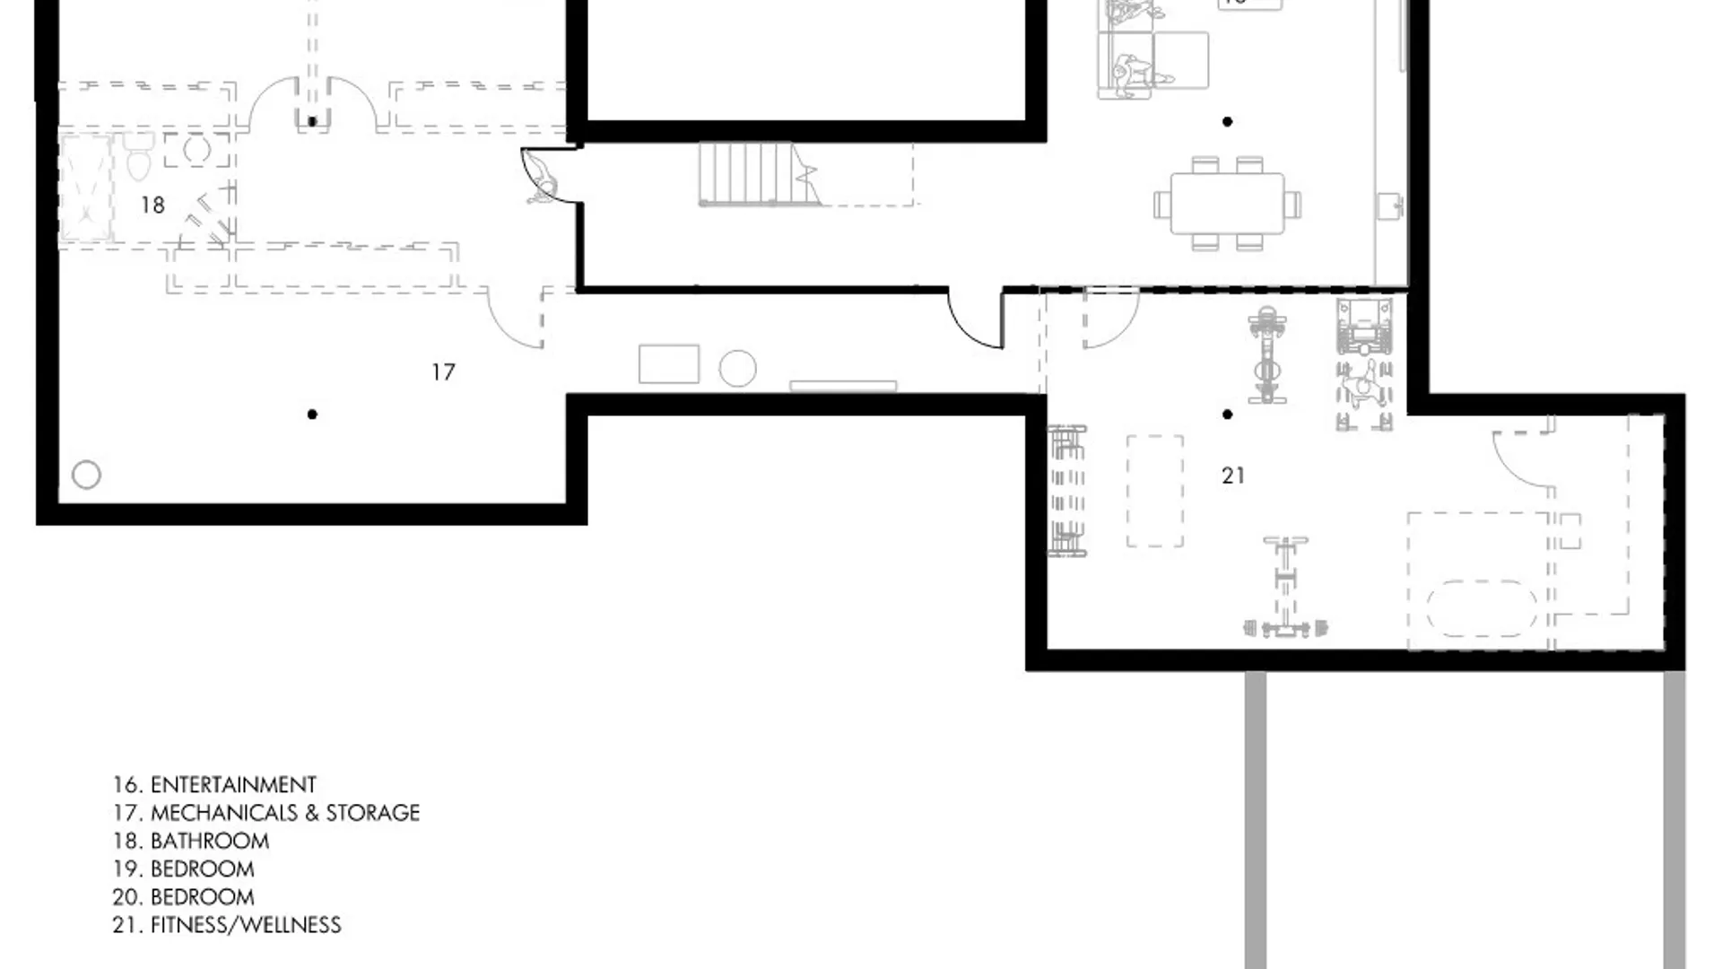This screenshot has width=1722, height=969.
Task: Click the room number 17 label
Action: (443, 372)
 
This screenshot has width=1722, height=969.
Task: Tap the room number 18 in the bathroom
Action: (152, 205)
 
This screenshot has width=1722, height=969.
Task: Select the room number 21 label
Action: (1233, 476)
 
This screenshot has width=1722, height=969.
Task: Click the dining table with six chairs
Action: (1227, 204)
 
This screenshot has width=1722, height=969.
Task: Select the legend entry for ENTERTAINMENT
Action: (214, 785)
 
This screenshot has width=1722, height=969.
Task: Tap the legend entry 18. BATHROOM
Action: (190, 841)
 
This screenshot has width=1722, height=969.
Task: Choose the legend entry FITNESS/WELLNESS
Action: (227, 925)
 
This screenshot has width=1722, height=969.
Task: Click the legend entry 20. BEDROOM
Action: (183, 897)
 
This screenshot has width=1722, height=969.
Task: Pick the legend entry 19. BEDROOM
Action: (183, 869)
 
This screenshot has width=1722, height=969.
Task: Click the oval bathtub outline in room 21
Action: (1481, 608)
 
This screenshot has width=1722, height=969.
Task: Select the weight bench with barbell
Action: (1285, 588)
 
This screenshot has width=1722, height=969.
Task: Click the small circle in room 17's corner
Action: (86, 475)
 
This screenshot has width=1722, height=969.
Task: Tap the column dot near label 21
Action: (1227, 415)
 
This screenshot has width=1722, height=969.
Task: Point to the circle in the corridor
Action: (737, 369)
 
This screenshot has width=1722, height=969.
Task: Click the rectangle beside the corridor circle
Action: (669, 364)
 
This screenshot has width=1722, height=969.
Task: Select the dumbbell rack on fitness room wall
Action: (1067, 491)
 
